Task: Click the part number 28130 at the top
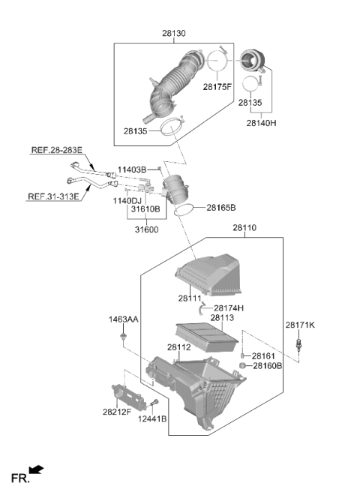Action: point(173,33)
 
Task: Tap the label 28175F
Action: point(217,87)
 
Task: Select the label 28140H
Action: point(261,123)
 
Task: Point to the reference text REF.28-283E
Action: point(56,150)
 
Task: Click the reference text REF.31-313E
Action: point(53,196)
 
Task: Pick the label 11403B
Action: point(132,170)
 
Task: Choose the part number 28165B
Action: point(221,208)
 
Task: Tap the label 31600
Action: point(146,229)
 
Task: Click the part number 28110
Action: point(244,228)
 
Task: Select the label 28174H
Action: point(229,308)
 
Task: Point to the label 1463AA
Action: point(123,319)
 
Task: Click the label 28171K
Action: point(300,325)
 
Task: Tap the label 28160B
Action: point(268,366)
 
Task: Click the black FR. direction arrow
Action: point(36,469)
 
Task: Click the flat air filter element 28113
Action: point(206,337)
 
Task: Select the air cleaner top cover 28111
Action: point(208,275)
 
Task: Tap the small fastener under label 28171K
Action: point(298,345)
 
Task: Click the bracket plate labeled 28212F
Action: point(129,396)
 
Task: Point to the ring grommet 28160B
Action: point(242,365)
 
